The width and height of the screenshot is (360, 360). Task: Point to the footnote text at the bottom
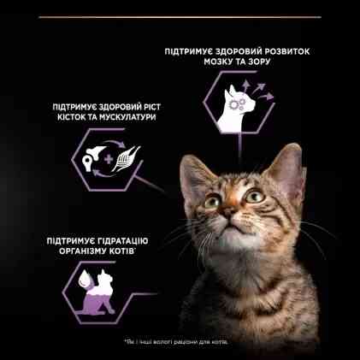[180, 341]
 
